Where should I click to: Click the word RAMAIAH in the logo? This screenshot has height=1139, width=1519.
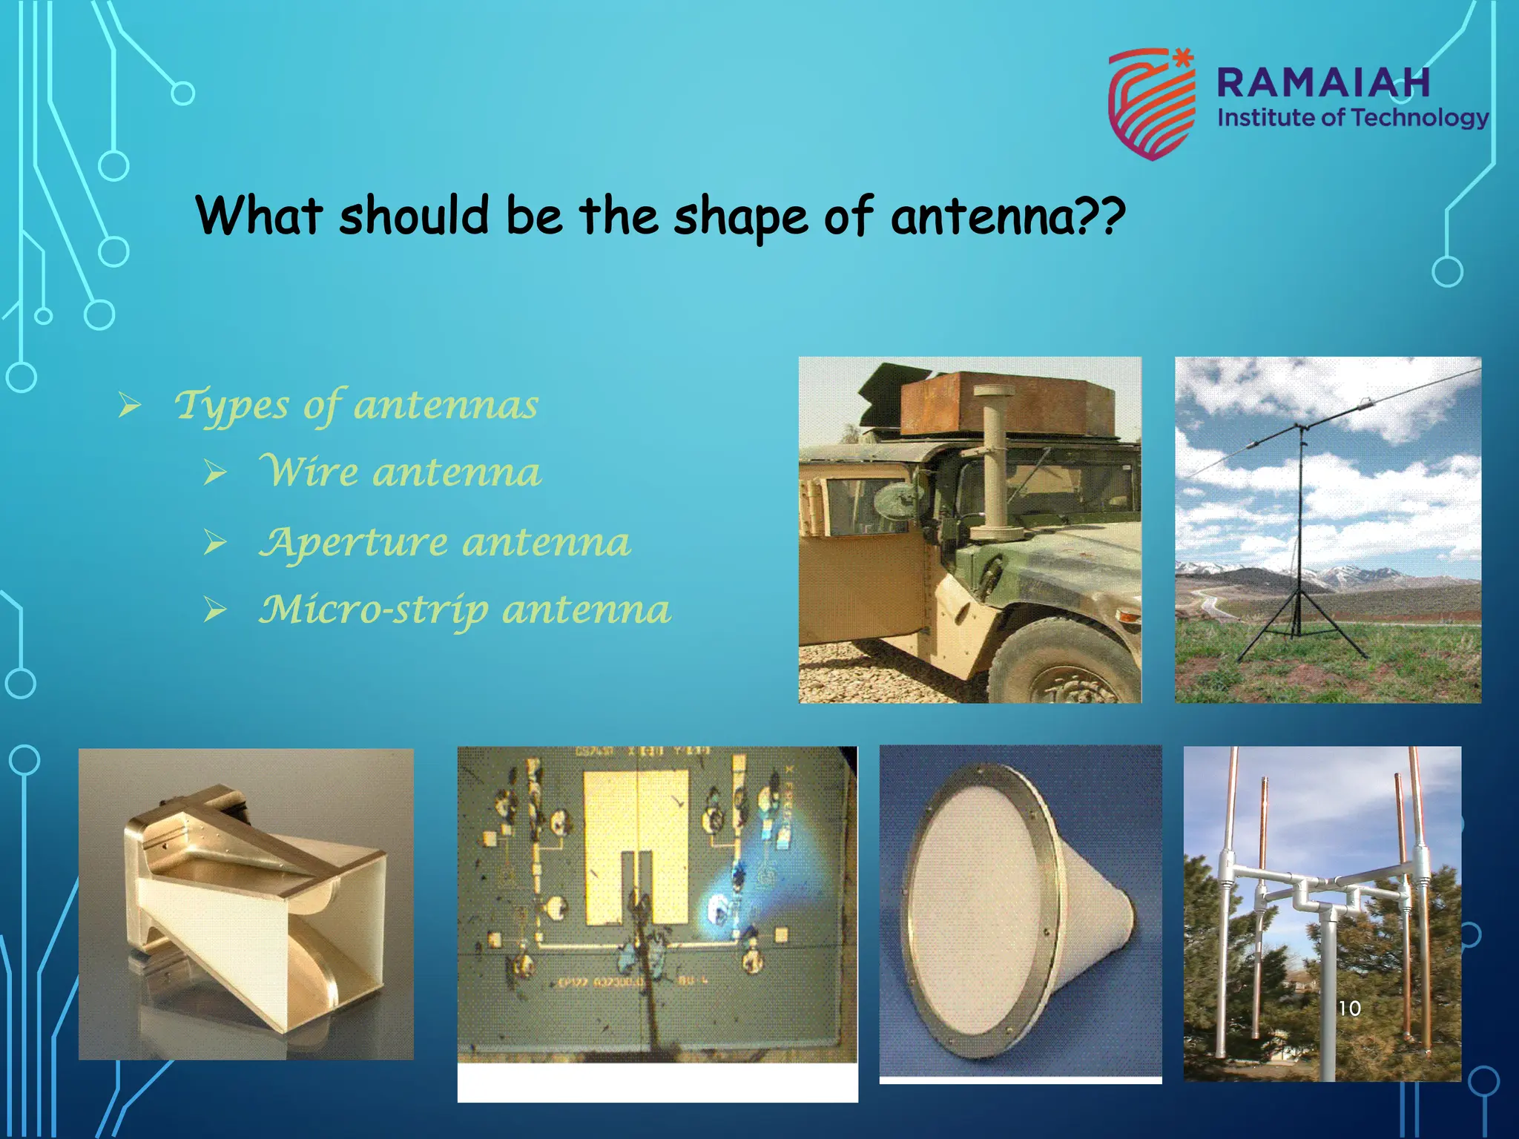tap(1323, 82)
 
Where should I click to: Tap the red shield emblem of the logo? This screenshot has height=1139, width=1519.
tap(1150, 104)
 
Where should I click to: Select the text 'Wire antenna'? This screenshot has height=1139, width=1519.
tap(401, 472)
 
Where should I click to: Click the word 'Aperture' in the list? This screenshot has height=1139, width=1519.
tap(353, 543)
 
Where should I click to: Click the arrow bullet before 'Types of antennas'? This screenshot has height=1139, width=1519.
tap(130, 406)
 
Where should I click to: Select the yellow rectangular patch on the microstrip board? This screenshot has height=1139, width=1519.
tap(636, 845)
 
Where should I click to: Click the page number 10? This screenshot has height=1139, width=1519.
tap(1349, 1008)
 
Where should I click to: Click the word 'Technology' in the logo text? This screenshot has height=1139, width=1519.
tap(1419, 118)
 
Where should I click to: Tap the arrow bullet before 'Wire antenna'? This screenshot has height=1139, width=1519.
tap(215, 473)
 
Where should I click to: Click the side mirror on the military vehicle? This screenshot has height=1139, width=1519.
tap(899, 501)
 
